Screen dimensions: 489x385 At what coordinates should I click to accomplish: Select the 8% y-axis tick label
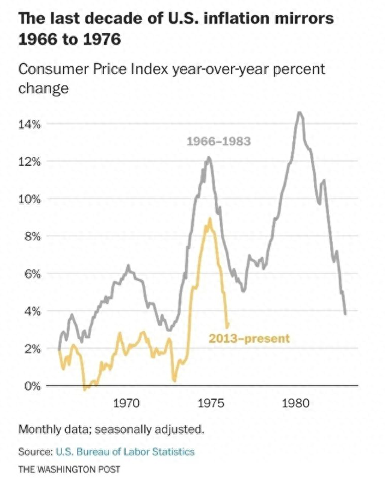tap(31, 237)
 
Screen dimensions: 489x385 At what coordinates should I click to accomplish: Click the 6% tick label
tap(31, 274)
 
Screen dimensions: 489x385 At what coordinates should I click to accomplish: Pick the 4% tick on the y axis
tap(31, 311)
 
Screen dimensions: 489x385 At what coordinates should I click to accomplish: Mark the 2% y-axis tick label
tap(31, 349)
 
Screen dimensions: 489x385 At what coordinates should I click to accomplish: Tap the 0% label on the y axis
tap(31, 386)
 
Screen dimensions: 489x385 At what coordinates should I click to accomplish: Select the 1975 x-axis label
tap(211, 403)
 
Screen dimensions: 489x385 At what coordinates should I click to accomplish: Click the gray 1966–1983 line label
tap(218, 142)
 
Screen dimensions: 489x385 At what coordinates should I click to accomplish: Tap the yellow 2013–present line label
tap(249, 338)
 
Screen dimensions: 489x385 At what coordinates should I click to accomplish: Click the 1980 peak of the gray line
tap(299, 113)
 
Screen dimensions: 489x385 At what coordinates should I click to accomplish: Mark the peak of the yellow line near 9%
tap(210, 219)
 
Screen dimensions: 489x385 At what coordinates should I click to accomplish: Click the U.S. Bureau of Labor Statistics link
tap(125, 452)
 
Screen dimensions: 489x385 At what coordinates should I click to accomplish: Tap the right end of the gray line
tap(345, 313)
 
